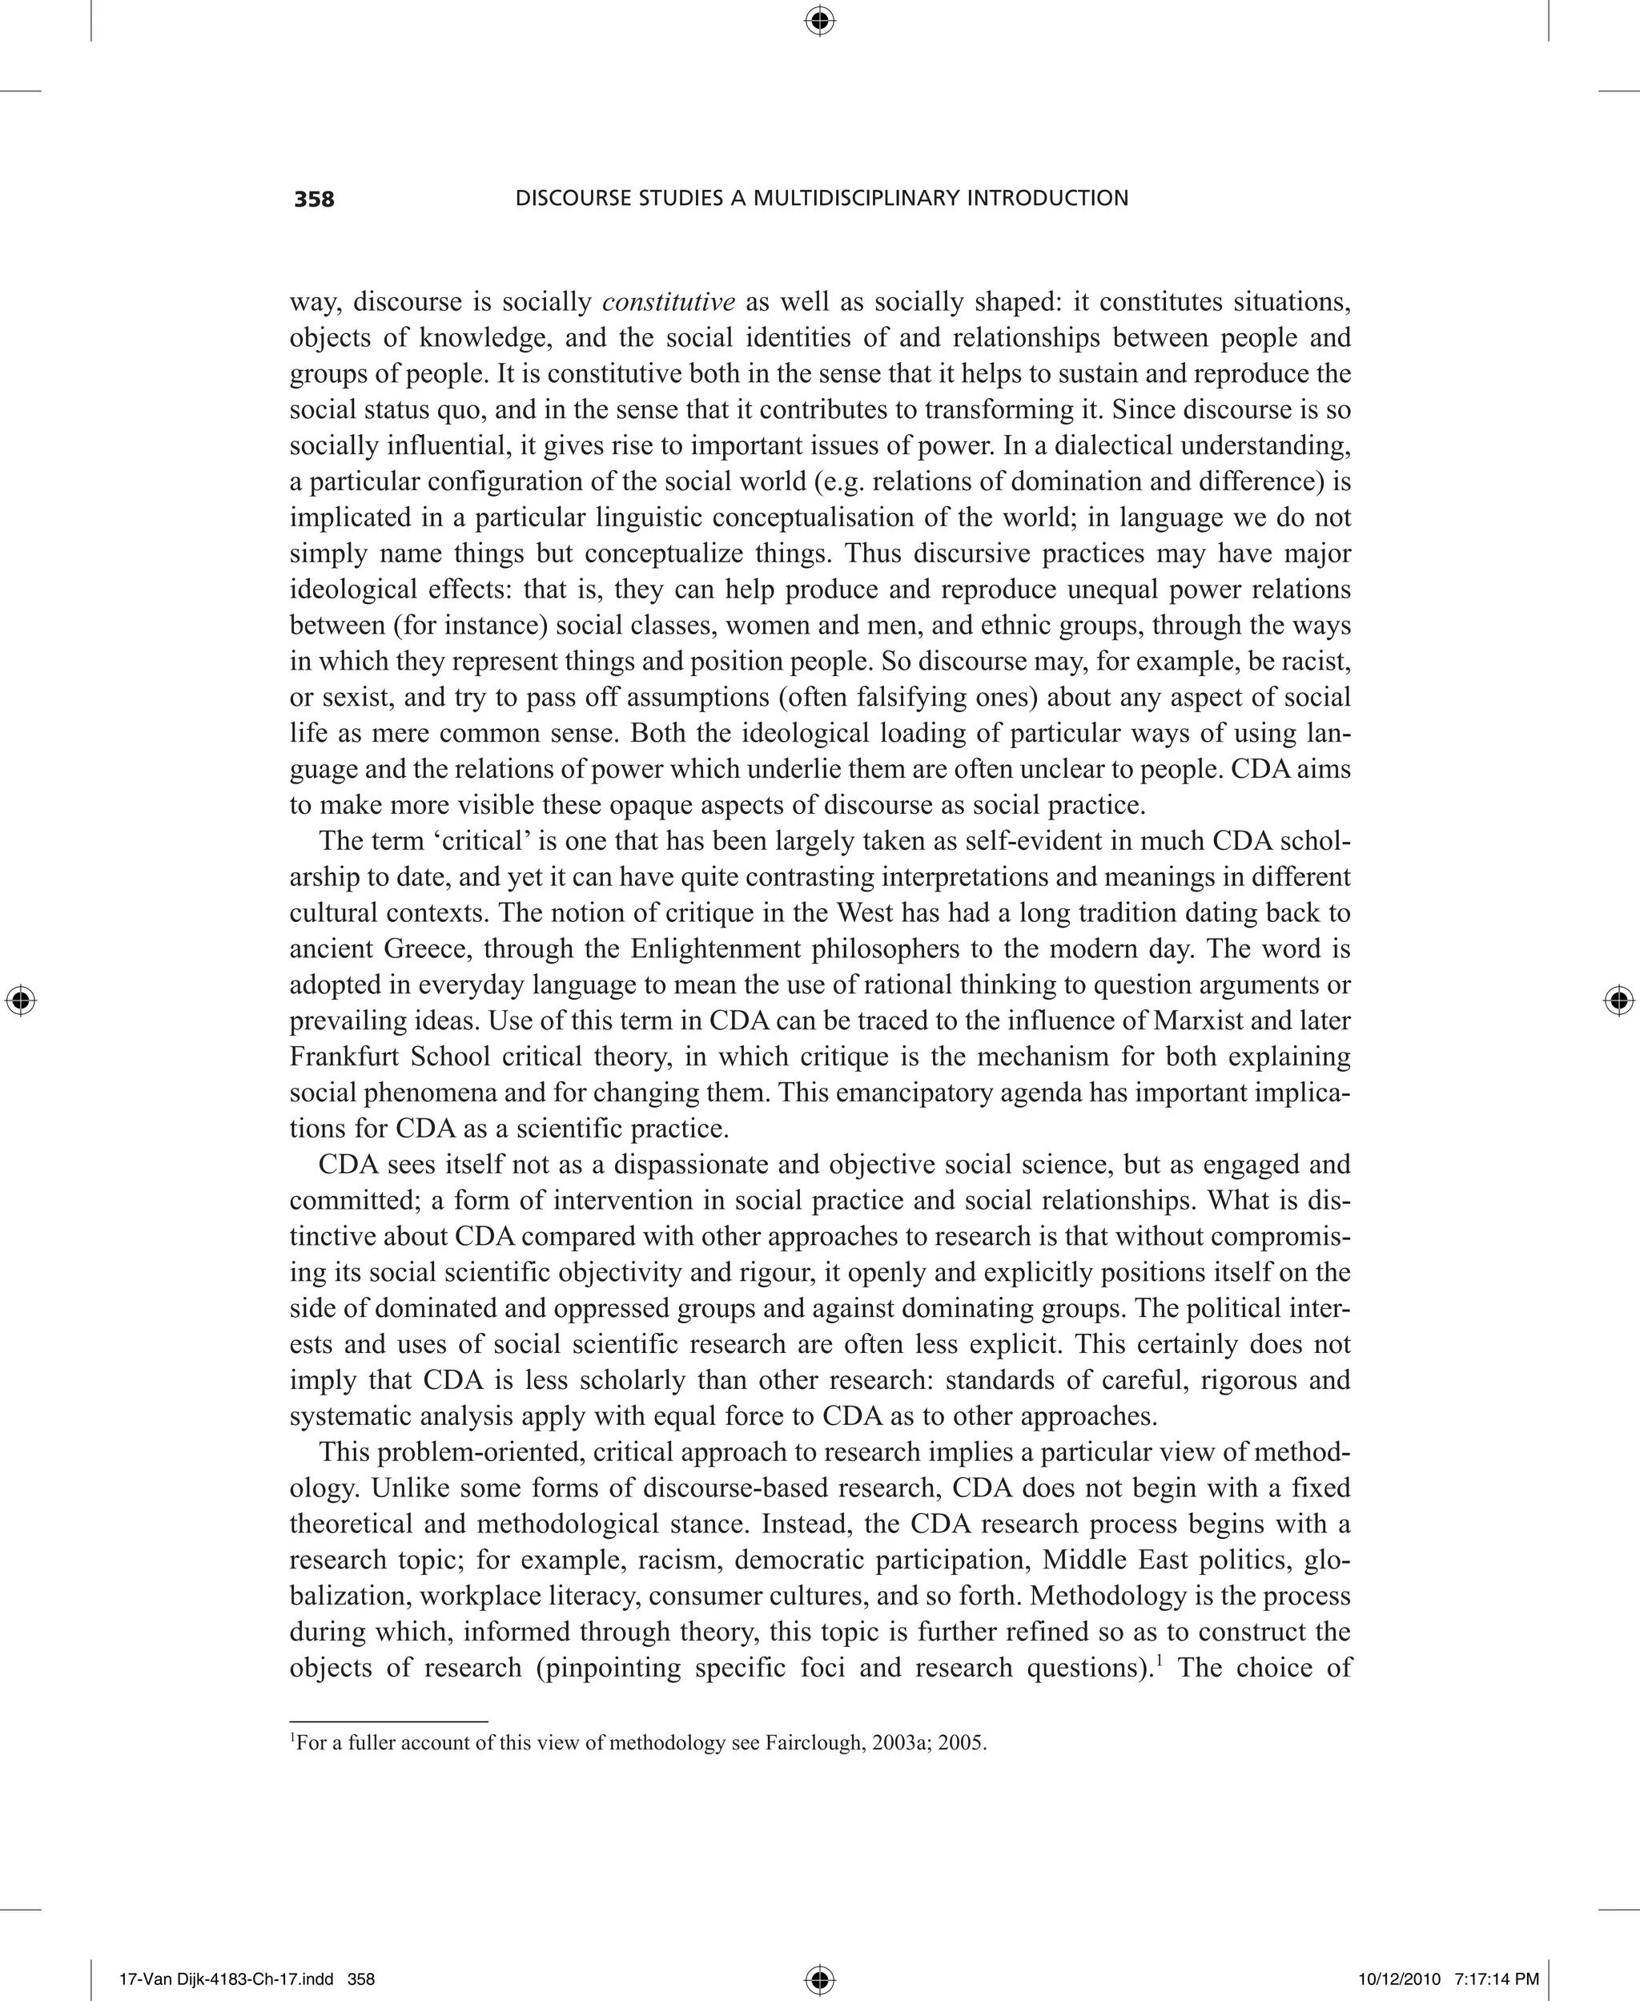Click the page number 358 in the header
(x=315, y=199)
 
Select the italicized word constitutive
(x=668, y=302)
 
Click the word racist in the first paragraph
(x=1318, y=660)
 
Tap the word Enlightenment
(x=719, y=948)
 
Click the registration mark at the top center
(x=819, y=20)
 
